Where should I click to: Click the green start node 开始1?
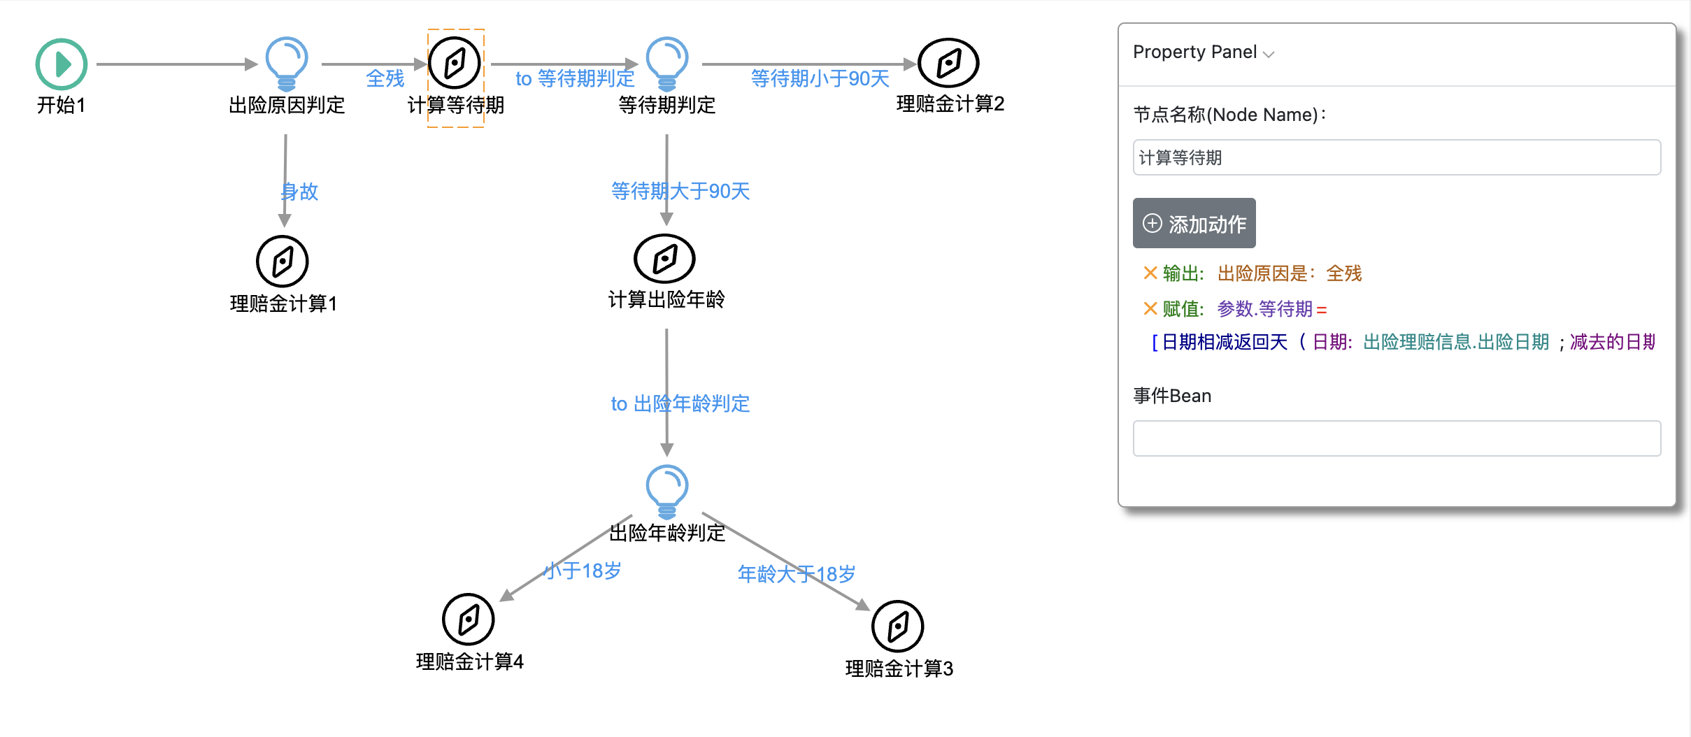pos(62,64)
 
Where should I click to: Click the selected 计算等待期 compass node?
pos(455,63)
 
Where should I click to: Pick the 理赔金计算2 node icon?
pos(948,63)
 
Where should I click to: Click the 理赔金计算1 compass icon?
pos(283,262)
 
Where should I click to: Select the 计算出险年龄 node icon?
pos(664,259)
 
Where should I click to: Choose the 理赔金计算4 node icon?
pos(469,620)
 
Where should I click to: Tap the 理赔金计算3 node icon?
pos(898,627)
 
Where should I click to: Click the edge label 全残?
pos(385,78)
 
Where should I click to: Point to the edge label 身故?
pos(300,192)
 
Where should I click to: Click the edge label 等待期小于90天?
pos(820,78)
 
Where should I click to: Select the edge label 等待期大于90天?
pos(680,191)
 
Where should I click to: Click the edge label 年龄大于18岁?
pos(797,574)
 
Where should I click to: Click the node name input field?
pos(1396,158)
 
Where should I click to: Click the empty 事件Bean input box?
pos(1396,438)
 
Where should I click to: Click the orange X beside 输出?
pos(1150,273)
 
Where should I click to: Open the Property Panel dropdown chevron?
pos(1269,54)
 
